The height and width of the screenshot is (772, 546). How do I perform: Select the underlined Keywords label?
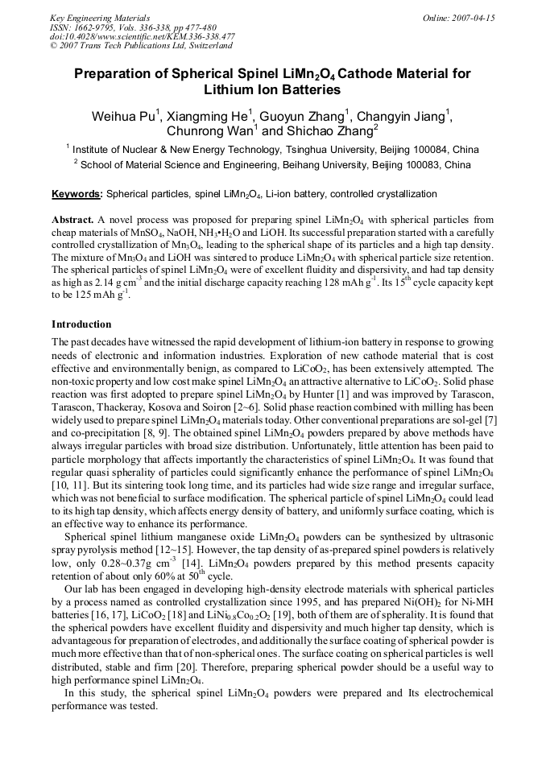tap(77, 194)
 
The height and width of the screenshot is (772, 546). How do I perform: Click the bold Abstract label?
tap(72, 220)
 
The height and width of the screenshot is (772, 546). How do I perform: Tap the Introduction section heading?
tap(81, 324)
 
